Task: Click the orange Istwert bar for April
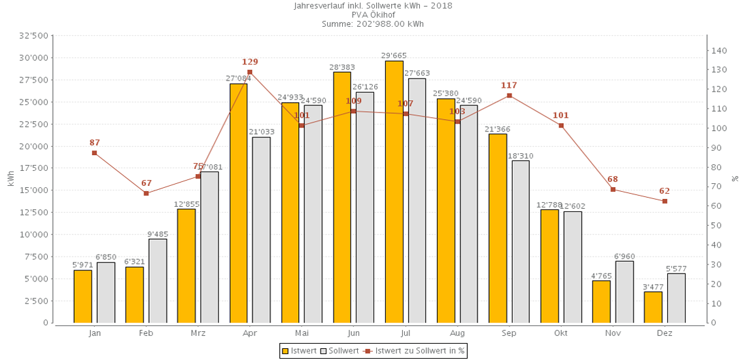coord(238,203)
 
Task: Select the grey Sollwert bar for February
coord(158,281)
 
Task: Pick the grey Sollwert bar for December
coord(676,298)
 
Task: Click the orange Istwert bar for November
coord(601,302)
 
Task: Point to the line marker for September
coord(510,96)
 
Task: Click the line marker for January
coord(94,153)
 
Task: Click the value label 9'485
coord(158,234)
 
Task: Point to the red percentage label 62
coord(665,191)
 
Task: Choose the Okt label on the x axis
coord(561,333)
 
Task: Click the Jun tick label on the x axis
coord(353,333)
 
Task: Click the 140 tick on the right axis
coord(719,50)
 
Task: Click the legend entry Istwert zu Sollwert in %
coord(415,351)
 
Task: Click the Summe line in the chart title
coord(373,24)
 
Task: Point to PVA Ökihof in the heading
coord(373,15)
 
